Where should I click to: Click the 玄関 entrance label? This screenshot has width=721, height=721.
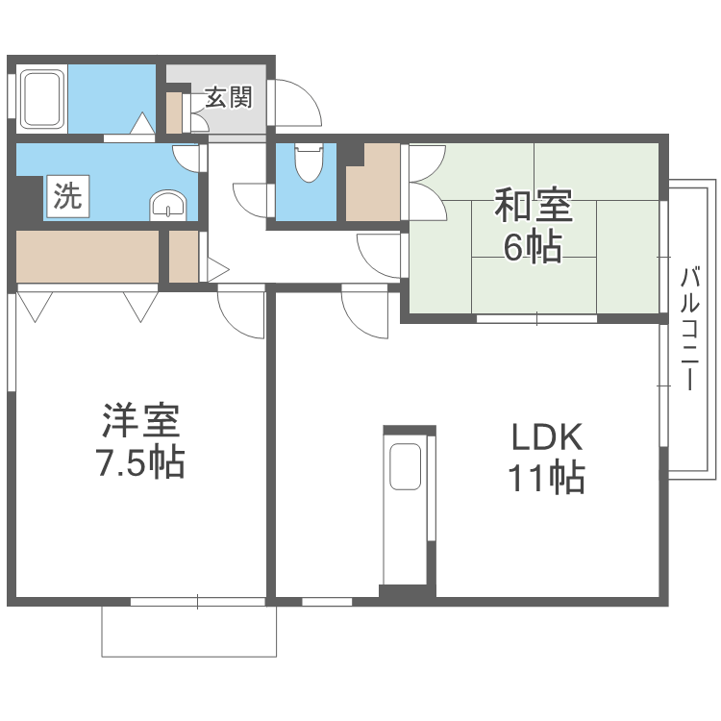click(229, 97)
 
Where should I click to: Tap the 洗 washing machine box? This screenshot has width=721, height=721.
click(68, 196)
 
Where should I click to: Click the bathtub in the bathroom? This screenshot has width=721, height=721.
click(42, 99)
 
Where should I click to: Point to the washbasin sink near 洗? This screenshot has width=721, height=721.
click(168, 205)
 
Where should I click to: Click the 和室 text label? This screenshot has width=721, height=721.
click(534, 206)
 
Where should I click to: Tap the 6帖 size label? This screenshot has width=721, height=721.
click(533, 247)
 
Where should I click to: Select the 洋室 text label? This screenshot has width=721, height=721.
click(140, 420)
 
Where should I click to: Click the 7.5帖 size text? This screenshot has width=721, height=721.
click(140, 461)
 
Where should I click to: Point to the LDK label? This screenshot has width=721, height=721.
click(547, 437)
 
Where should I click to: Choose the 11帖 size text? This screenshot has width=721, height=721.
click(547, 477)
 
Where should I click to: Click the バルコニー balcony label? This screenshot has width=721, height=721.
click(689, 329)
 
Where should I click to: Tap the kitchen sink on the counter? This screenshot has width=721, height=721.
click(405, 466)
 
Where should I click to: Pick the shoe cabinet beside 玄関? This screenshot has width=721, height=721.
click(174, 113)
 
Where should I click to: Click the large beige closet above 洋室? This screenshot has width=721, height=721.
click(87, 257)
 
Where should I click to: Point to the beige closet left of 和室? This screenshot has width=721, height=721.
click(373, 182)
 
